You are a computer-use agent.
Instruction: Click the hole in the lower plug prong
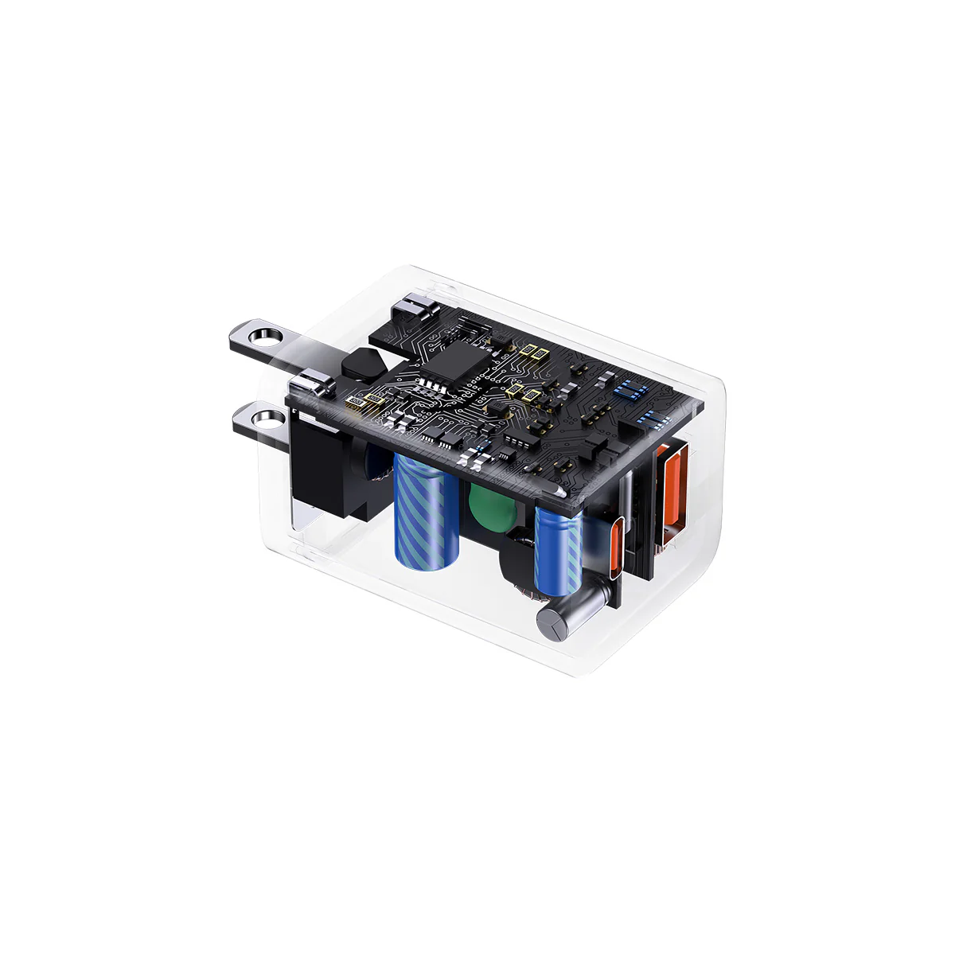[267, 419]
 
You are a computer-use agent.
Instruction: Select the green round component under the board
[488, 509]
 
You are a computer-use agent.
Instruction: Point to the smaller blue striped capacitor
[559, 552]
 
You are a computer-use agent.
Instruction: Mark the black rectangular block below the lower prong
[322, 470]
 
